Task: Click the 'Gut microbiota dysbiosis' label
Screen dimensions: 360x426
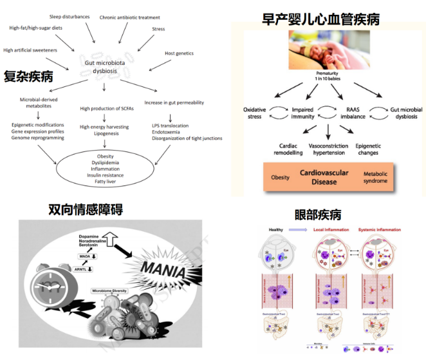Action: pos(106,67)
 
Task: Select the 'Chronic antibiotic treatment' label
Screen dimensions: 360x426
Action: pos(130,17)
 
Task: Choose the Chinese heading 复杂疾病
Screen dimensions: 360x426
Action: pos(28,77)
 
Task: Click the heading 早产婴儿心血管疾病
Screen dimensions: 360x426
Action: pos(320,19)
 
